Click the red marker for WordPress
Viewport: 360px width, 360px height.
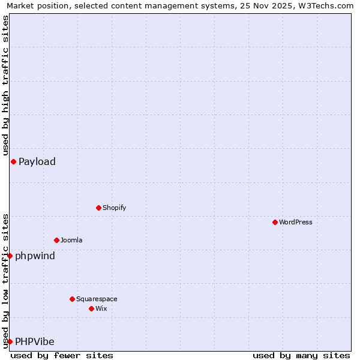[275, 222]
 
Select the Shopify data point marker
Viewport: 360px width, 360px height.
[98, 208]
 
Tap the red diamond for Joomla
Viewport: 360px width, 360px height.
[56, 240]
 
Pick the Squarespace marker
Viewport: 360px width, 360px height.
[72, 299]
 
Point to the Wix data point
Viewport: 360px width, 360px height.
[91, 308]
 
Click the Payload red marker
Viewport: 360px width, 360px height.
[13, 161]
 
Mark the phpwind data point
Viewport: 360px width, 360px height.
[10, 256]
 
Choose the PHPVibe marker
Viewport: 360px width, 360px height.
[10, 341]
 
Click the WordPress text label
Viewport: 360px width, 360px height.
[296, 222]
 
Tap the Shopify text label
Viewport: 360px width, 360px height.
[114, 208]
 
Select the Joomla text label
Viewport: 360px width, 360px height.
[71, 240]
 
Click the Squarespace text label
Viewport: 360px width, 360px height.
[97, 299]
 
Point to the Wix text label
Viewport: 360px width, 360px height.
[101, 308]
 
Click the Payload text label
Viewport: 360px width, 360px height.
[37, 161]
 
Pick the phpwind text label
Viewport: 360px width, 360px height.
[35, 256]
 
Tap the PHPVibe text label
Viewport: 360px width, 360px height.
[35, 342]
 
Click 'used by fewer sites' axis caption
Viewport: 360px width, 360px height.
[62, 355]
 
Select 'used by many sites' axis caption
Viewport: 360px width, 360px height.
[301, 355]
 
